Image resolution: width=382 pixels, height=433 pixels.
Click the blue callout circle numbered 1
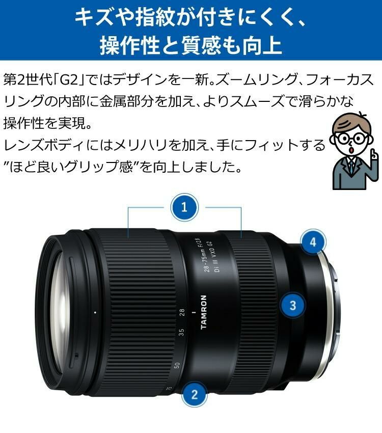[x=184, y=207]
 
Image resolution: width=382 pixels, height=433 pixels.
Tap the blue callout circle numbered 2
[x=193, y=393]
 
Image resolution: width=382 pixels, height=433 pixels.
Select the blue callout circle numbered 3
[x=292, y=306]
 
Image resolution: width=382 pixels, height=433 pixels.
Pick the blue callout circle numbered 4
[x=313, y=241]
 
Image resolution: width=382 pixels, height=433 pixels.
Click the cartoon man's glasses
[x=351, y=138]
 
